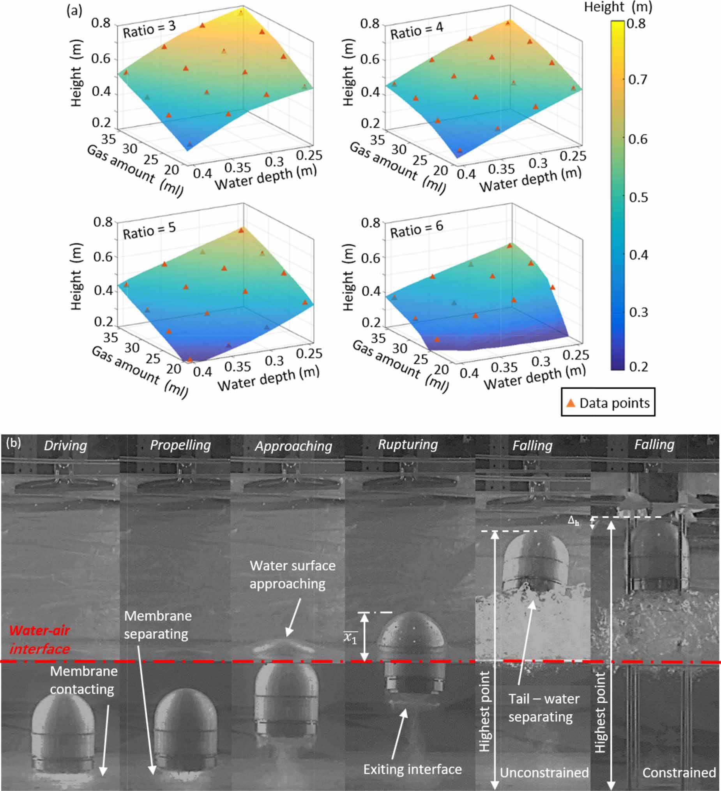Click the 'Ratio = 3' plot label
click(149, 30)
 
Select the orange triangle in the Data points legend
click(571, 403)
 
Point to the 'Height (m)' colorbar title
click(618, 7)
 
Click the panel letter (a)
click(74, 11)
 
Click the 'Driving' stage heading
click(65, 445)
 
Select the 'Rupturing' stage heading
click(408, 444)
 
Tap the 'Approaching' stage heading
click(293, 446)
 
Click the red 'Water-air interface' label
click(40, 639)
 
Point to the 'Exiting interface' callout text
click(412, 770)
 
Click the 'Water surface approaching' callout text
click(292, 575)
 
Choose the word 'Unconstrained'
click(544, 773)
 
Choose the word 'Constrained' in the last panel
click(679, 773)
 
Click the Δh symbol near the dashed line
click(573, 521)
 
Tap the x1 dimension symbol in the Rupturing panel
click(350, 637)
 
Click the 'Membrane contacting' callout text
click(83, 680)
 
